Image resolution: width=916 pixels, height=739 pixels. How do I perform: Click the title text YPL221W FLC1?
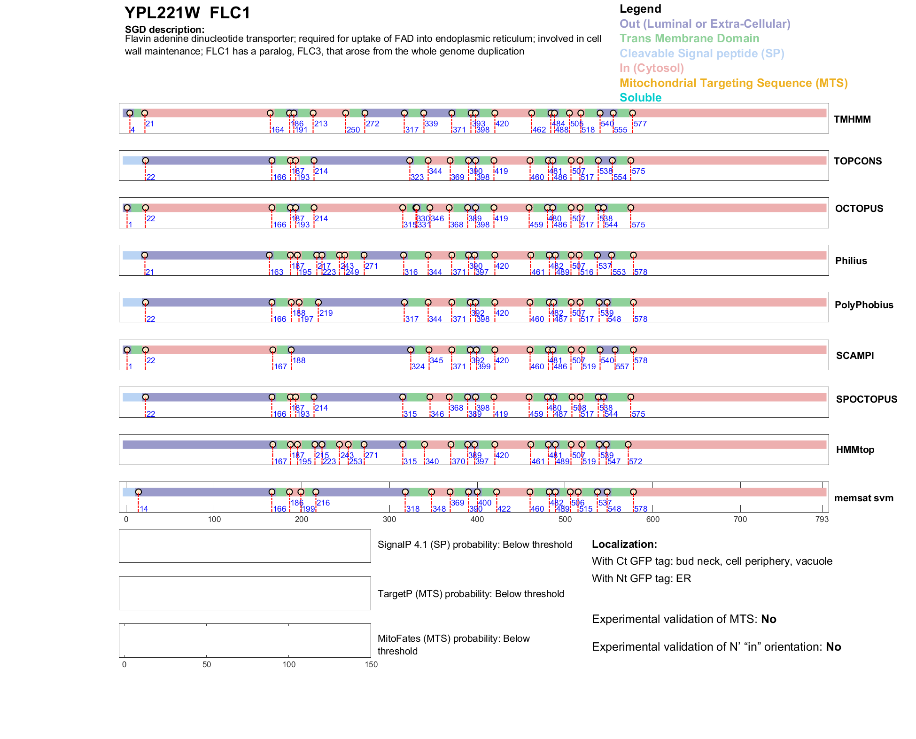tap(187, 13)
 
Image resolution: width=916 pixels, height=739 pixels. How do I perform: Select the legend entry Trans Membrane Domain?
tap(689, 39)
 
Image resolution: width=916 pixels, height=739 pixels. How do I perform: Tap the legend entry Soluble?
tap(640, 98)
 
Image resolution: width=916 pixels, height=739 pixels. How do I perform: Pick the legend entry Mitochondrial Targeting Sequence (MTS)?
tap(733, 83)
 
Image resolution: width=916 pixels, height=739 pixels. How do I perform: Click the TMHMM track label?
tap(852, 119)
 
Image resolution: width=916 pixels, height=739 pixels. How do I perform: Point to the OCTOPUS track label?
tap(859, 209)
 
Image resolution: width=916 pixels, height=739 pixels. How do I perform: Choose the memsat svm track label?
tap(863, 498)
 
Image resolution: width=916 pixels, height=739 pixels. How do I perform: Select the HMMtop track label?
tap(855, 450)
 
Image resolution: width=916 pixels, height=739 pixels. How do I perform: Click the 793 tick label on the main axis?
tap(822, 519)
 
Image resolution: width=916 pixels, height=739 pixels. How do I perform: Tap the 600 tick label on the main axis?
tap(653, 519)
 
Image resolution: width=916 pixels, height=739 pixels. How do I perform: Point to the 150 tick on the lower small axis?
tap(371, 664)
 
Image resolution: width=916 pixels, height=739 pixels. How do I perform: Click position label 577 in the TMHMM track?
tap(640, 124)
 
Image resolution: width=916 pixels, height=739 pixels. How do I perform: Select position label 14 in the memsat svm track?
tap(144, 509)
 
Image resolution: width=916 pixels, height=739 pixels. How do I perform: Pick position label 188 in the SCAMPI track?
tap(299, 361)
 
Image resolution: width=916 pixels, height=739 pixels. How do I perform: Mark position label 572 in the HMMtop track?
tap(636, 461)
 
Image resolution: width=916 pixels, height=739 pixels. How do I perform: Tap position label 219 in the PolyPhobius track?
tap(326, 313)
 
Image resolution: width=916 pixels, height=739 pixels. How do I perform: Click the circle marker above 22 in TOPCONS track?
tap(146, 161)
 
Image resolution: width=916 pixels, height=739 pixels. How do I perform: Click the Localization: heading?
tap(624, 545)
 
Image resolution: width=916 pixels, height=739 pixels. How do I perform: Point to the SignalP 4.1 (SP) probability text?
tap(474, 545)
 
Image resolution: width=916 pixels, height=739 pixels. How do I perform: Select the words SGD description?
tap(164, 30)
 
